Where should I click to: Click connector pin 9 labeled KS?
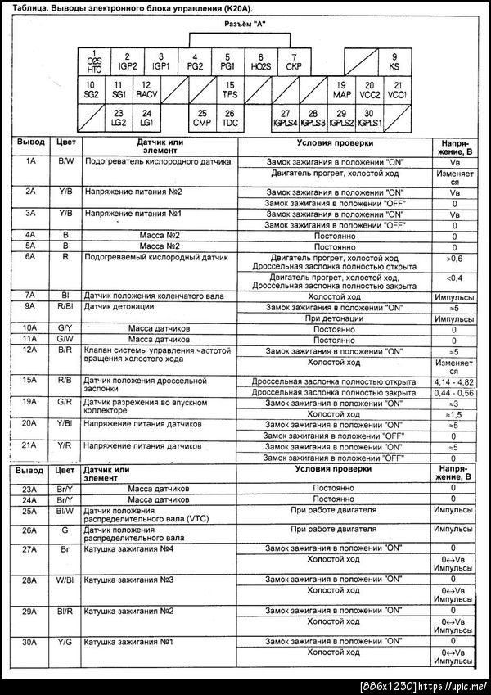pos(394,61)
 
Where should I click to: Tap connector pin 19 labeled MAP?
pos(341,89)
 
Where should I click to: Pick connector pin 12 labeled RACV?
pos(145,89)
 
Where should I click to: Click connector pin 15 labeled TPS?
pos(230,89)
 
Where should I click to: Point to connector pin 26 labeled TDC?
pos(230,118)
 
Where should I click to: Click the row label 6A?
pos(29,256)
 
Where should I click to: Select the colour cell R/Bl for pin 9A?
pos(66,307)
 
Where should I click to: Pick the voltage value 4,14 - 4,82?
pos(454,381)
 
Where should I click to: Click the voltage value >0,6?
pos(454,259)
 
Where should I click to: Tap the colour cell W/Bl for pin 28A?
pos(66,580)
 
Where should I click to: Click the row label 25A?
pos(29,510)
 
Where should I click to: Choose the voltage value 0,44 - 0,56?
pos(454,393)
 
